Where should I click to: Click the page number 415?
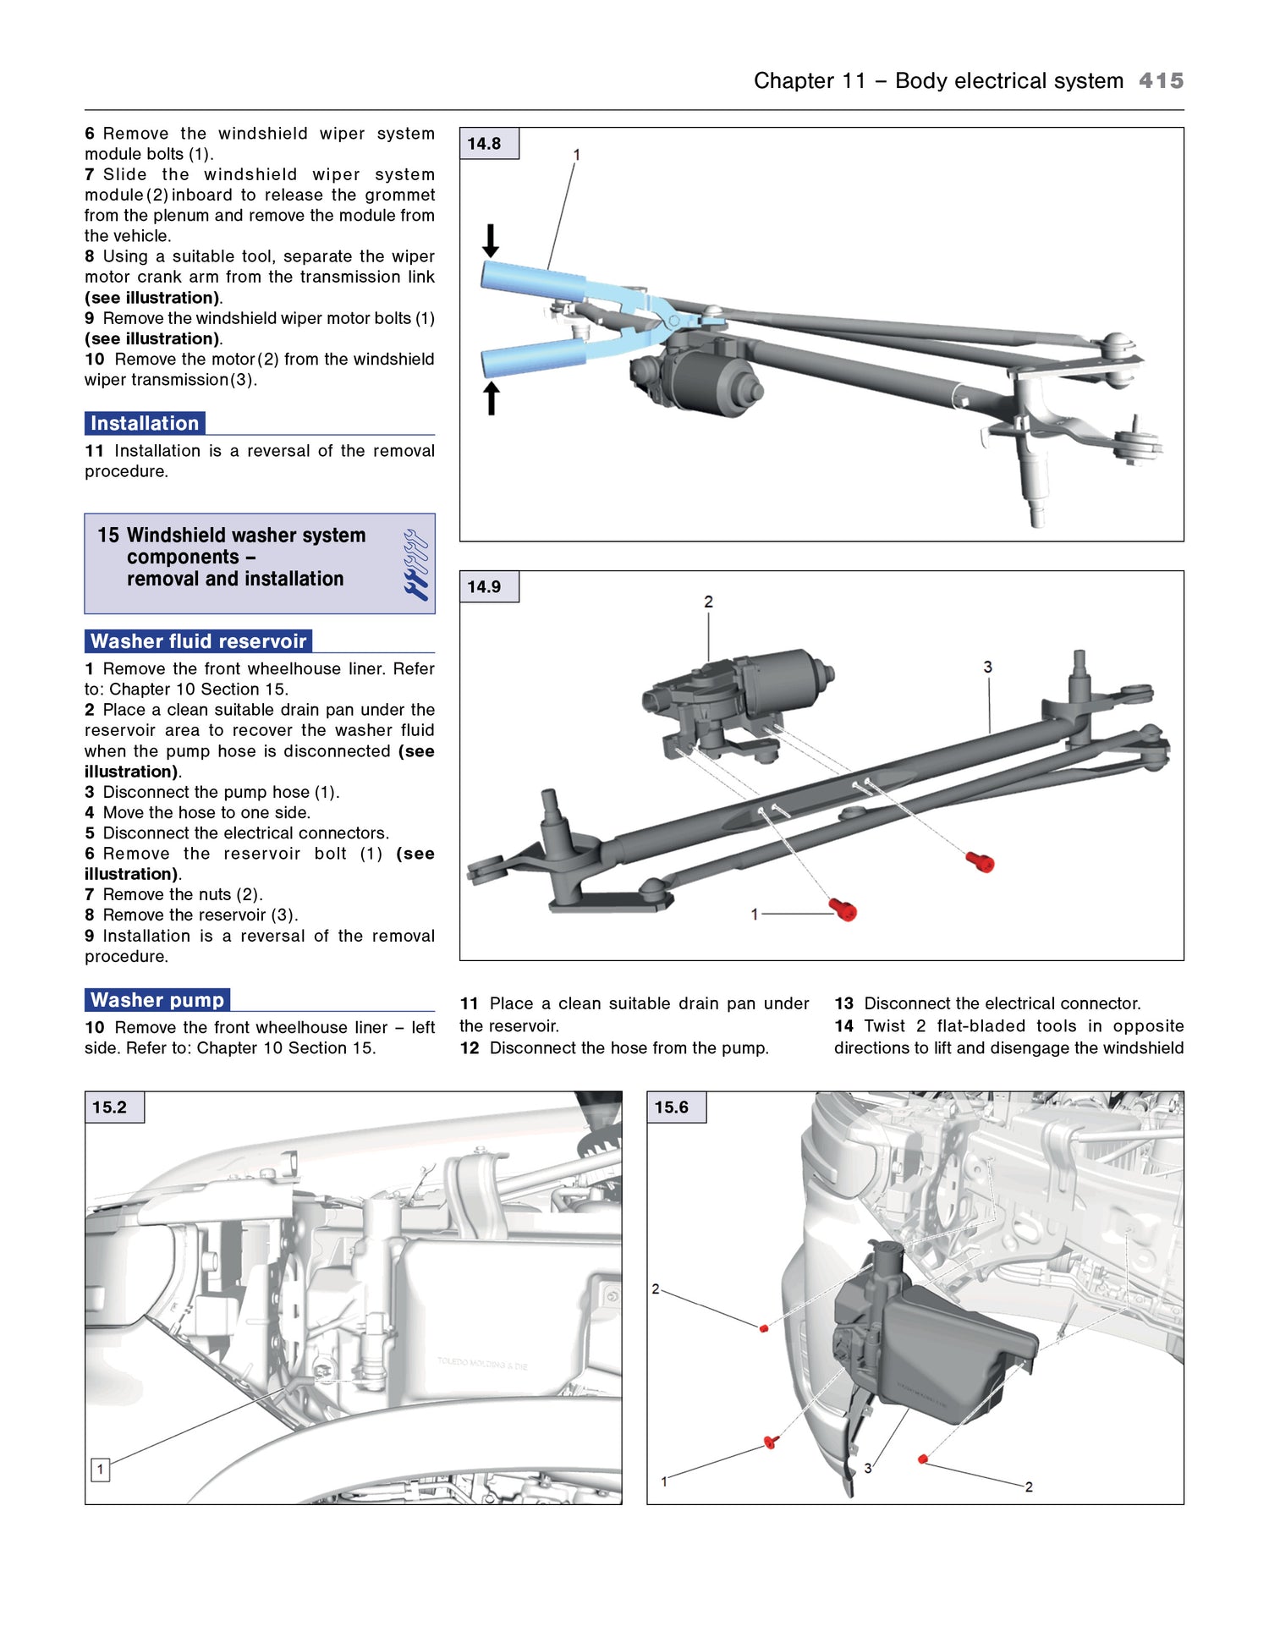tap(1161, 80)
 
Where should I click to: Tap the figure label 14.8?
tap(484, 144)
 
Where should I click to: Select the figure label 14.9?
tap(484, 586)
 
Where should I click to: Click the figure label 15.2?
tap(109, 1107)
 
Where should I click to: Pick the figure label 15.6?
tap(671, 1107)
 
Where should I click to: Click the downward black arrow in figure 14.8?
tap(491, 240)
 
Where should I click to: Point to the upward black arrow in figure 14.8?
tap(491, 398)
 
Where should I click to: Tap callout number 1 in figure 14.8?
tap(576, 155)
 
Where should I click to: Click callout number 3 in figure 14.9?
tap(987, 667)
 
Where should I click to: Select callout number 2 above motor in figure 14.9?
tap(708, 602)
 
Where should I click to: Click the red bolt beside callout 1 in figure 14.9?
tap(843, 910)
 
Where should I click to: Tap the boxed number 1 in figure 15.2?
tap(100, 1469)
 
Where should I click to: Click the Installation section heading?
tap(145, 423)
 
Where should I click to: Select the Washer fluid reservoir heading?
tap(198, 641)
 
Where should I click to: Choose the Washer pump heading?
tap(157, 1000)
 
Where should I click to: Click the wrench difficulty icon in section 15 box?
tap(415, 564)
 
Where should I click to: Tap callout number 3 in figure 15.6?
tap(867, 1468)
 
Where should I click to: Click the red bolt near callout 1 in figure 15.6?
tap(770, 1442)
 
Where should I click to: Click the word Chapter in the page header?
tap(794, 80)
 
